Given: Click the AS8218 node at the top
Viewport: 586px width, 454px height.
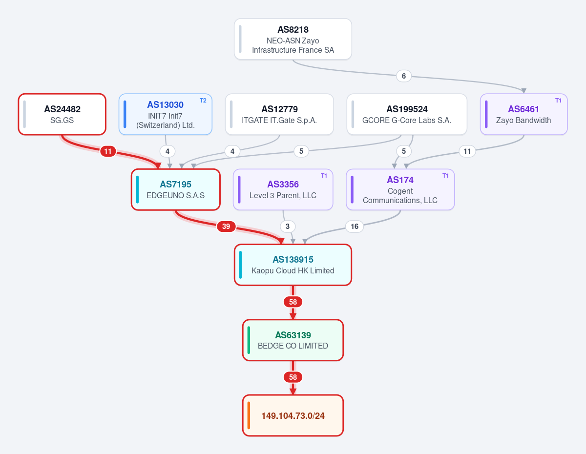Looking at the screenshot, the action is click(x=293, y=39).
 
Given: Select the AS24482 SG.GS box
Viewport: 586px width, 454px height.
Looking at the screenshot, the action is click(x=62, y=114).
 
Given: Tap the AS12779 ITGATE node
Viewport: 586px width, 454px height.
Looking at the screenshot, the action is click(x=279, y=114).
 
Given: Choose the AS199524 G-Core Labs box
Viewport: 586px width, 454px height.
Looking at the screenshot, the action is click(x=407, y=114).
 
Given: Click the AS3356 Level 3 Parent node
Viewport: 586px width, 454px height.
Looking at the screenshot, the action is click(x=283, y=189).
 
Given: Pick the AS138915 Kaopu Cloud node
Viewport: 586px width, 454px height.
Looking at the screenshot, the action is click(x=293, y=265).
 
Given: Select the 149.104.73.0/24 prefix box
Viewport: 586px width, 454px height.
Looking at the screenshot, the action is click(x=293, y=415).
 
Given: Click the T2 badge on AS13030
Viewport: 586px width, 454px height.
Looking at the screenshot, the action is click(x=203, y=101).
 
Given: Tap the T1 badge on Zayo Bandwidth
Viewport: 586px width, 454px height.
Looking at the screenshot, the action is click(x=558, y=101).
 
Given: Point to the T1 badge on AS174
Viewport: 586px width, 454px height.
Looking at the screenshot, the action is click(x=445, y=176).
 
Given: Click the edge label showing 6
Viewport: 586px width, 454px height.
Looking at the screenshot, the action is click(x=404, y=76).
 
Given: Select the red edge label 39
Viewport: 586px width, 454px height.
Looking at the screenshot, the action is click(x=226, y=227).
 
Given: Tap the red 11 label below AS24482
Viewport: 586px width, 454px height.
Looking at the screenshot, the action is click(x=108, y=151).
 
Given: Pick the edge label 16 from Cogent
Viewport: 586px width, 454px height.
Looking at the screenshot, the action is click(x=355, y=227).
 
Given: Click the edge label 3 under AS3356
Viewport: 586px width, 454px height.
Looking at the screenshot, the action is click(x=288, y=227).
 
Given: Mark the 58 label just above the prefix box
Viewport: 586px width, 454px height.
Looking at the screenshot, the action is click(x=293, y=377).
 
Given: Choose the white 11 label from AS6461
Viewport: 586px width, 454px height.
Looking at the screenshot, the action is click(x=467, y=151).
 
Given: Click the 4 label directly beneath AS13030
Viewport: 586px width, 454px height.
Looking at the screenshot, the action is click(x=167, y=151).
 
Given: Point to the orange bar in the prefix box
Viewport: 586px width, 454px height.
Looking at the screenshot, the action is click(x=249, y=415).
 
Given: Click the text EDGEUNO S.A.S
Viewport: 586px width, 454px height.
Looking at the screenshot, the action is click(x=176, y=195).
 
